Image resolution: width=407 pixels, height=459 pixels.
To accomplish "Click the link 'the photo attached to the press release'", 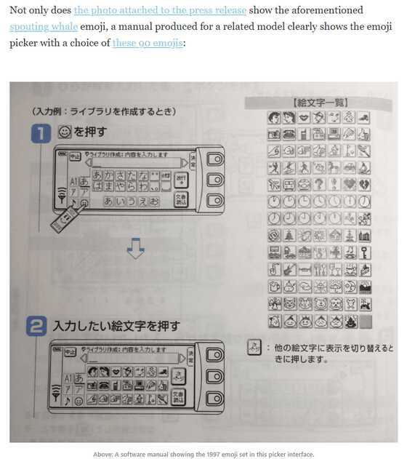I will [x=160, y=11].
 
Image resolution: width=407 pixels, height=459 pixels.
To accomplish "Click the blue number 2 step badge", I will [x=37, y=326].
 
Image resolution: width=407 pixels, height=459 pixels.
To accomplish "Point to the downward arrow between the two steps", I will [x=135, y=250].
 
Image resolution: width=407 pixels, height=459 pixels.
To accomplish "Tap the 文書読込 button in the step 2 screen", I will [x=179, y=397].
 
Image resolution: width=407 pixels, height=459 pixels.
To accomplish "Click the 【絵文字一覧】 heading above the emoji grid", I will [x=320, y=103].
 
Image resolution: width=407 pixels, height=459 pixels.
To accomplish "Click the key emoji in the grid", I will [x=349, y=253].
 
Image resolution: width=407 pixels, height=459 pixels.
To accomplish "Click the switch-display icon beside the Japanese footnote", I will [x=254, y=347].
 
